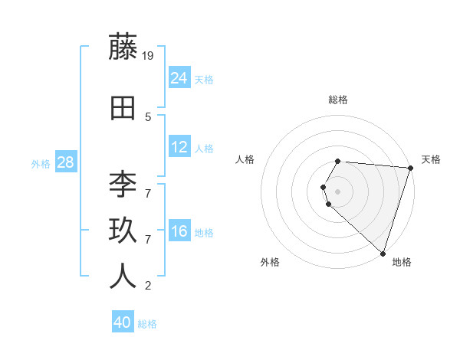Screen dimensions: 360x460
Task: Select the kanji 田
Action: (123, 108)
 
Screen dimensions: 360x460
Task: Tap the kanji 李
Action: (123, 184)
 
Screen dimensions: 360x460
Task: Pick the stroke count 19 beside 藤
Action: (149, 55)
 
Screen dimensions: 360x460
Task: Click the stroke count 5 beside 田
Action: (148, 117)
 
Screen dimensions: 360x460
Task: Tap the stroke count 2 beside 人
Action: (148, 286)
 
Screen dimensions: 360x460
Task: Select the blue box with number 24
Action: (179, 77)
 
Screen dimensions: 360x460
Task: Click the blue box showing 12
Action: (179, 147)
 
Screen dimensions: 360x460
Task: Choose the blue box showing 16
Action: (179, 231)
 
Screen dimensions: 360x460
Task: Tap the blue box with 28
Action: (65, 162)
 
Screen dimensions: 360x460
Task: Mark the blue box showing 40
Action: (123, 322)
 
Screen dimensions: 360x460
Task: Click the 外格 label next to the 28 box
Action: (41, 164)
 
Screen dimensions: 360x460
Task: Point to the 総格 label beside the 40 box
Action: (147, 324)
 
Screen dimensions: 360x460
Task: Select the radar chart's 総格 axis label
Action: (338, 100)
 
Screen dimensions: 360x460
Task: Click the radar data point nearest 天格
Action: (409, 169)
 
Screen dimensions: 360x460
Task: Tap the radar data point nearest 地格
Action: (383, 253)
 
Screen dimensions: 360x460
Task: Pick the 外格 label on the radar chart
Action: (270, 262)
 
